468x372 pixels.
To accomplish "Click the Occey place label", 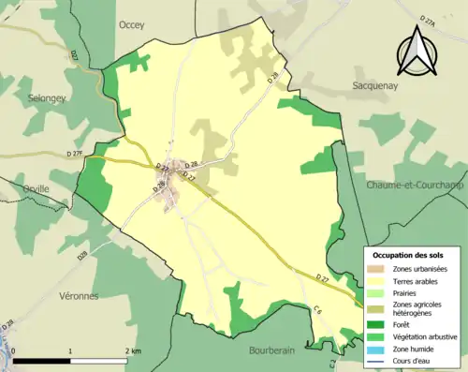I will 131,26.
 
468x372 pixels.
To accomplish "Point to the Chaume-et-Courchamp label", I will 417,184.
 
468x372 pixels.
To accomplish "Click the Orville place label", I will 36,187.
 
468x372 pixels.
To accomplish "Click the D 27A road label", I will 429,20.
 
